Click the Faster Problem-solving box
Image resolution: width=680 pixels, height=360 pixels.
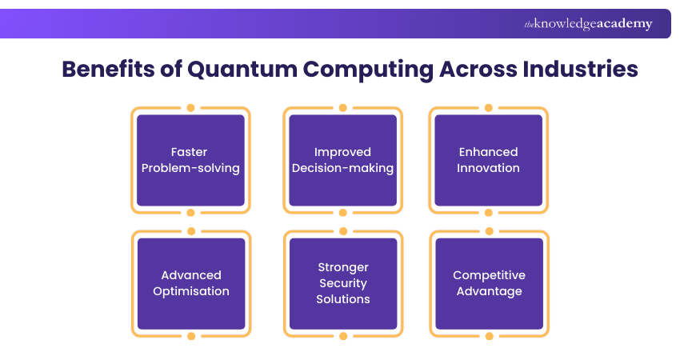click(x=190, y=160)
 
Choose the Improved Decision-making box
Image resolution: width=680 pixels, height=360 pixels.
click(x=342, y=160)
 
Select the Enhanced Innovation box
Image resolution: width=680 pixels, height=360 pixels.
click(x=488, y=160)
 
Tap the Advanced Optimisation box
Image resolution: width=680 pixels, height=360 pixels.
click(x=190, y=283)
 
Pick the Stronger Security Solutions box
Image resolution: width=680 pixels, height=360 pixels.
click(x=342, y=283)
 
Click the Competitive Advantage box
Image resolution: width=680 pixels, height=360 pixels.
click(x=489, y=283)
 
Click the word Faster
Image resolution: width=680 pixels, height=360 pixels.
click(x=190, y=152)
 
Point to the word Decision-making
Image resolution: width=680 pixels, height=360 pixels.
click(x=342, y=168)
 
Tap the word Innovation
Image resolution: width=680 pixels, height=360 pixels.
click(x=488, y=168)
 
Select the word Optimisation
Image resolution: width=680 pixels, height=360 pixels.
click(x=190, y=291)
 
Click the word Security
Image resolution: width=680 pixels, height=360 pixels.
click(x=342, y=283)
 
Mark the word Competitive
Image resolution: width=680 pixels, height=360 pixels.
click(x=489, y=275)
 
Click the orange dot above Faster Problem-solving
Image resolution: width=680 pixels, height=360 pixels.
click(x=190, y=107)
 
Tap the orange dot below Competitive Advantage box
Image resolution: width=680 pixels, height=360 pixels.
click(x=489, y=335)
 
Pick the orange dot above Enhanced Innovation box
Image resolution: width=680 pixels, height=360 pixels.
click(x=488, y=107)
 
